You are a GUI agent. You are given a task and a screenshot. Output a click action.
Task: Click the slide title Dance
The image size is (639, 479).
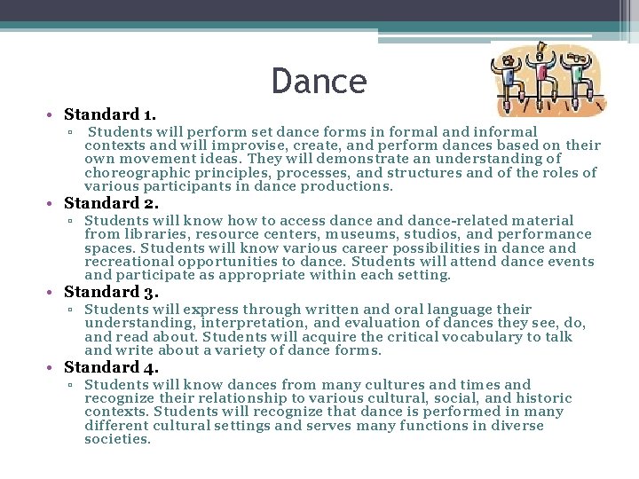(319, 82)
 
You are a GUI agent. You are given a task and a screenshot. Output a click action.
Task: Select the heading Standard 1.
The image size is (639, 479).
(110, 114)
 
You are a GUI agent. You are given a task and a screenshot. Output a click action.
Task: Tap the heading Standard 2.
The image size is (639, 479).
(111, 203)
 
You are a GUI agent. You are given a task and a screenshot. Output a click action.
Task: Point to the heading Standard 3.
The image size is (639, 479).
(111, 292)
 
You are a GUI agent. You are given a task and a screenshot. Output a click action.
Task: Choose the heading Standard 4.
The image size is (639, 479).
(111, 367)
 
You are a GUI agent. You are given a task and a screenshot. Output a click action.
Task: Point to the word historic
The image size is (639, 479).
(542, 398)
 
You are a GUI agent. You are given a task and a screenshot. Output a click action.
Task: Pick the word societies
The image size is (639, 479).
(117, 439)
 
